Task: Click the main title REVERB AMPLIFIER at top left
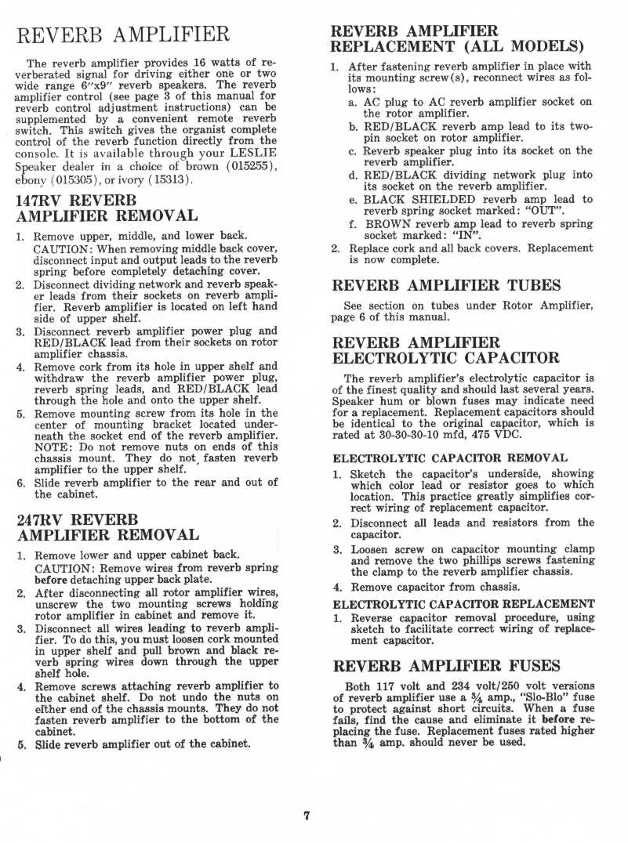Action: point(123,35)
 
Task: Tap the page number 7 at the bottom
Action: point(307,816)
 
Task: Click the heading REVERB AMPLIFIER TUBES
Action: point(446,285)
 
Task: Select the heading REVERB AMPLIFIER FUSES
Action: point(446,666)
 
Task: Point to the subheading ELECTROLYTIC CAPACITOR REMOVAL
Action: point(451,458)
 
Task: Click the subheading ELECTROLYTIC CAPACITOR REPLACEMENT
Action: point(463,604)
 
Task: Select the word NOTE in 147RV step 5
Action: point(53,449)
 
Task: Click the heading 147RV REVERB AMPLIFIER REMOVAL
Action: point(107,208)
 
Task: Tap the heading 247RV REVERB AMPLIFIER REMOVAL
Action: point(107,526)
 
